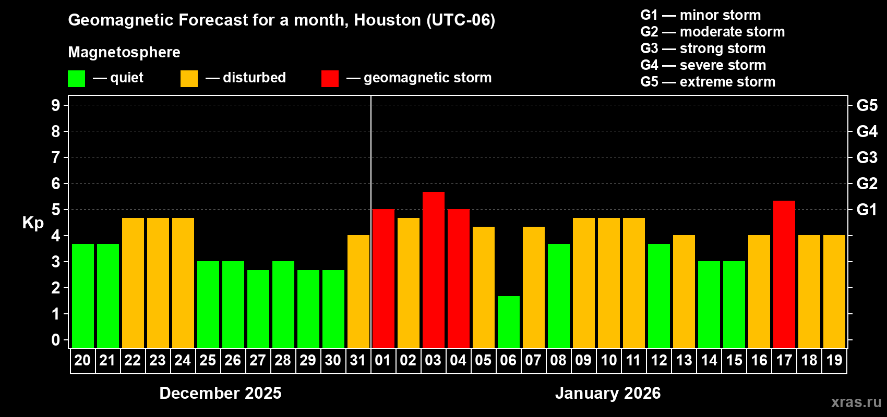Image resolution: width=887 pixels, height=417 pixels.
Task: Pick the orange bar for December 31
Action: tap(358, 291)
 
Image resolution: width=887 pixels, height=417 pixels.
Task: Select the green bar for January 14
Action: tap(709, 304)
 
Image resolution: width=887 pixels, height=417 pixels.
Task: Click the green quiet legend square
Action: tap(76, 79)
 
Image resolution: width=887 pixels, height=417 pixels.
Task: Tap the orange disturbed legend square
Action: tap(189, 79)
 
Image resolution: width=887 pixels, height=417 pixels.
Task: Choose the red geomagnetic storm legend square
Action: tap(330, 79)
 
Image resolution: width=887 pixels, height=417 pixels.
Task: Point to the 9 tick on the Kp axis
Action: tap(56, 105)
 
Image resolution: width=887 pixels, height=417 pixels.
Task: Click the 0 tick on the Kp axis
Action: tap(56, 340)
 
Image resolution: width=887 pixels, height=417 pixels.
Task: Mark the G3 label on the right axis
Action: tap(867, 157)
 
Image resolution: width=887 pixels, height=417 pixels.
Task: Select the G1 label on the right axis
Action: tap(867, 210)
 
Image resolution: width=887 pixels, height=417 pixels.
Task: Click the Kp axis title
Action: tap(33, 223)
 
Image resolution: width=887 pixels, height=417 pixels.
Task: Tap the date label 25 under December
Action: tap(208, 360)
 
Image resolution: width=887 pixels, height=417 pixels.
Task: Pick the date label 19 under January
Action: tap(834, 360)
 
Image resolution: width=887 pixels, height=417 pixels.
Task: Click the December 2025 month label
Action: tap(220, 393)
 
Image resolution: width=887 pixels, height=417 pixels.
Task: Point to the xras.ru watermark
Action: tap(856, 402)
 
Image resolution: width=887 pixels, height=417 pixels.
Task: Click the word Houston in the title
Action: tap(387, 20)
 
